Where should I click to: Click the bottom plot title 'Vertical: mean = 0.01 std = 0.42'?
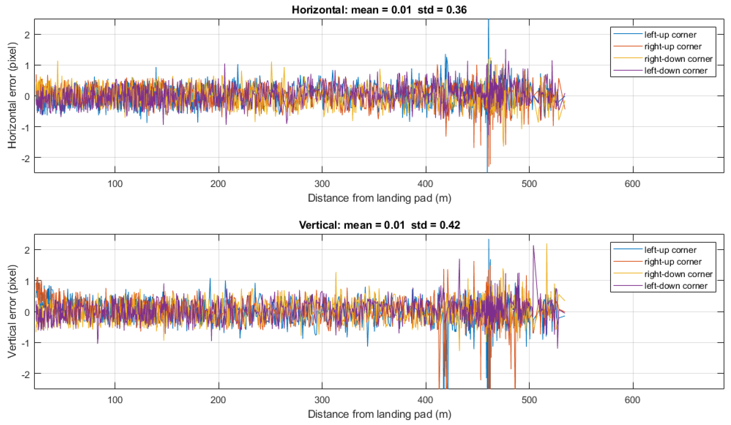379,225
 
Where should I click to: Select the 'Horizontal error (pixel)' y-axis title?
12,95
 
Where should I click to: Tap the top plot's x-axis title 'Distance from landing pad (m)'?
379,198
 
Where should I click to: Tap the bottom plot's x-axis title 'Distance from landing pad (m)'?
379,414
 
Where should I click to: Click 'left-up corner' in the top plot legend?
670,35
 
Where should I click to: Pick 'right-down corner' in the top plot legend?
678,59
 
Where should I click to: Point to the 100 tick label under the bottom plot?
115,400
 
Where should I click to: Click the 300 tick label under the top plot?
322,184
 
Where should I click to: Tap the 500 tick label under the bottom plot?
529,400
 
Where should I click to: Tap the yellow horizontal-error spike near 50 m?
57,62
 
